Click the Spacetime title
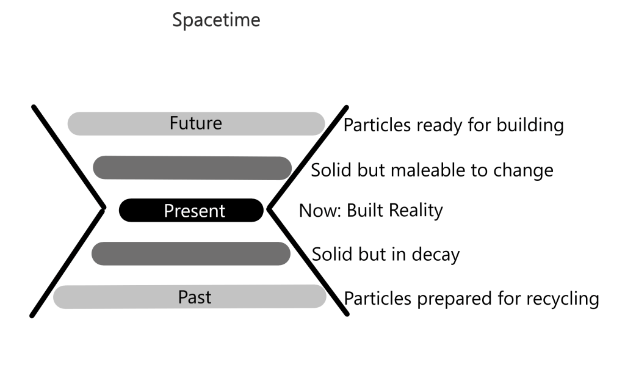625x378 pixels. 216,20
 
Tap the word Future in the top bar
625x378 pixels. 196,123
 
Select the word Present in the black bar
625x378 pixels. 195,211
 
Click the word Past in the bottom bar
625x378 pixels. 195,297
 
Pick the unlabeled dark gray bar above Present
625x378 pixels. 192,168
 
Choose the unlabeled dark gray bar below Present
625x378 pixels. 191,253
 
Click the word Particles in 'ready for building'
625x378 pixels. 377,125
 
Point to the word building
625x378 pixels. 530,125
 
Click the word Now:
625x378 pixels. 320,211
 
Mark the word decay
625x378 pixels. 436,255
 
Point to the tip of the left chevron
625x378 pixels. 105,208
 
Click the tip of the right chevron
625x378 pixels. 269,208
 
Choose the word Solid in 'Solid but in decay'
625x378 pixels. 330,254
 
